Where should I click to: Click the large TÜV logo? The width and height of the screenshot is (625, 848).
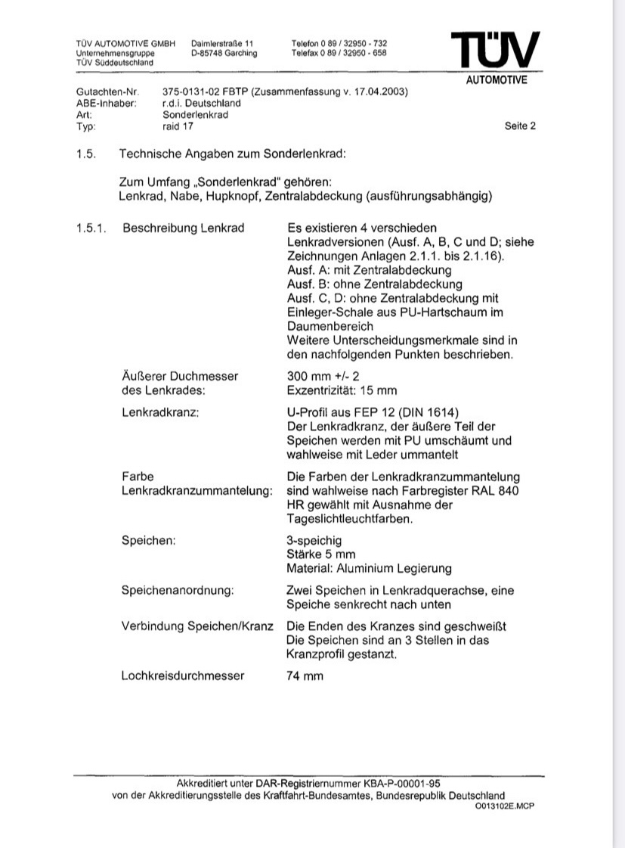(x=496, y=51)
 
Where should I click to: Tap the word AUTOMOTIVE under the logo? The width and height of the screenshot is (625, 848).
(x=496, y=81)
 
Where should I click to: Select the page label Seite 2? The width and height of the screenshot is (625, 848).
(x=520, y=126)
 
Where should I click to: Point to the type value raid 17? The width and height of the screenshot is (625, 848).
(x=178, y=126)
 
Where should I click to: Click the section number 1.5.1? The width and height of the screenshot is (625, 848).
(x=93, y=228)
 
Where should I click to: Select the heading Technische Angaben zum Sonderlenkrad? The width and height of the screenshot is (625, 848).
(x=232, y=154)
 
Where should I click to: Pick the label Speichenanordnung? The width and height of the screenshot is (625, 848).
(x=178, y=590)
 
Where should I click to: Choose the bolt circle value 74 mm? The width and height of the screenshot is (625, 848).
(x=305, y=676)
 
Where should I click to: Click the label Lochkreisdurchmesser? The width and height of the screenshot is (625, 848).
(x=183, y=676)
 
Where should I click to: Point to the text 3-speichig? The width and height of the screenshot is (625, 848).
(x=314, y=541)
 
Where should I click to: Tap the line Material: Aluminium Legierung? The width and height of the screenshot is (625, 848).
(x=369, y=568)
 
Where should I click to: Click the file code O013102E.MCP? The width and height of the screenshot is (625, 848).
(x=504, y=806)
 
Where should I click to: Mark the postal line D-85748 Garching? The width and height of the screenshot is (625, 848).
(x=224, y=53)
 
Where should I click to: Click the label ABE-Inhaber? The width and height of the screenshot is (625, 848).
(x=107, y=104)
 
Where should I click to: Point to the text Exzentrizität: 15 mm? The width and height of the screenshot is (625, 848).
(x=342, y=390)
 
